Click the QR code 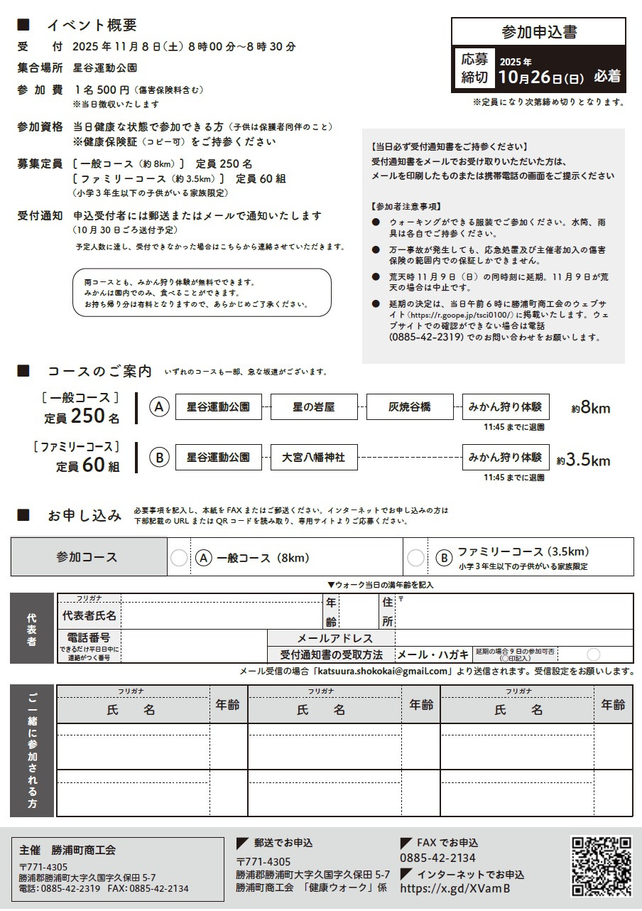point(602,866)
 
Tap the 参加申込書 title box point(539,32)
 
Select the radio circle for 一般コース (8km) point(180,558)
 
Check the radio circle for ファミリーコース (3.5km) point(415,558)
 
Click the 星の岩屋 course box point(313,407)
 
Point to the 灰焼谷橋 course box point(409,407)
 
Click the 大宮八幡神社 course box point(313,458)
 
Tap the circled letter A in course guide point(159,407)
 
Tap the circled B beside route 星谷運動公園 point(159,458)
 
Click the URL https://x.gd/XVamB point(455,888)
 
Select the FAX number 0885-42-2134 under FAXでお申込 point(437,858)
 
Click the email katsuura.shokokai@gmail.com point(383,671)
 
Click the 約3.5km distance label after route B point(583,460)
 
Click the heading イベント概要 point(92,25)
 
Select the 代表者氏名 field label point(89,615)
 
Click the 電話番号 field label point(89,638)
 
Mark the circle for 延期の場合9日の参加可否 point(593,654)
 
